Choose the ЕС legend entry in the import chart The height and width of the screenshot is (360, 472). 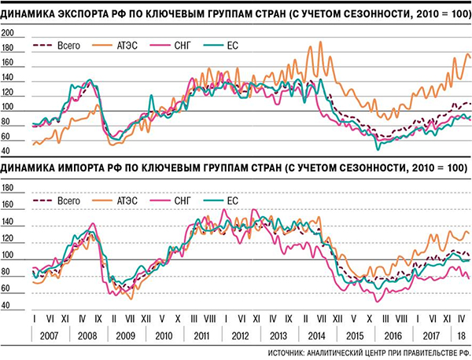(x=232, y=202)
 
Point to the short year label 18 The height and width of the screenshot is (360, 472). (x=461, y=334)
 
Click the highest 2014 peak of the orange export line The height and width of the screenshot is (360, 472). (x=308, y=41)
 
